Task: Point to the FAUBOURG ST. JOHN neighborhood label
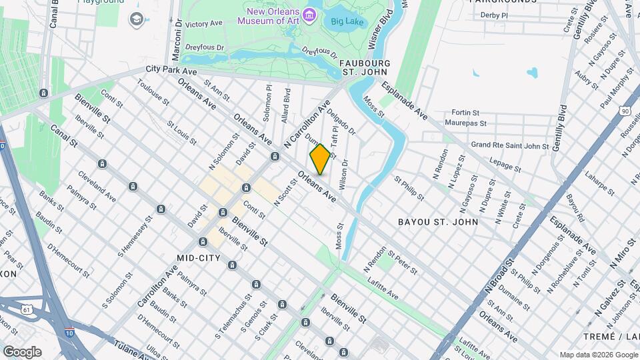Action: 366,67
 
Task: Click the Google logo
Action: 22,351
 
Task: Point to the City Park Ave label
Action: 171,70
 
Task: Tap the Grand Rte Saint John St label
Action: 509,145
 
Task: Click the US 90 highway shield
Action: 626,111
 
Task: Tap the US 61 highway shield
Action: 26,309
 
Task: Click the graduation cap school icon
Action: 137,19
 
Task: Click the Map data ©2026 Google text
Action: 598,355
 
